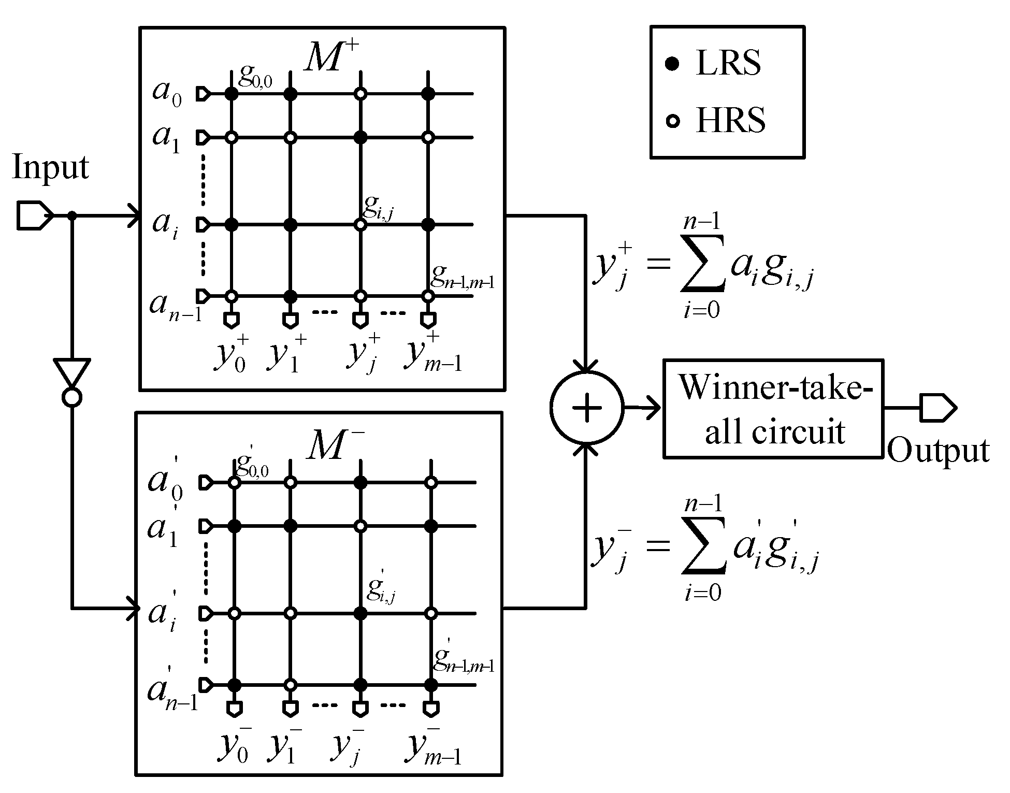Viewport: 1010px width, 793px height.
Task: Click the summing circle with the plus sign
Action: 587,408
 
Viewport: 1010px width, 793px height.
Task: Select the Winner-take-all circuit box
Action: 773,408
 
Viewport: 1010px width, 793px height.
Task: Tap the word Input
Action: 50,168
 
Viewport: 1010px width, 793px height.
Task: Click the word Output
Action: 938,450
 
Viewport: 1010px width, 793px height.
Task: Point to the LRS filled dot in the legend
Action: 672,65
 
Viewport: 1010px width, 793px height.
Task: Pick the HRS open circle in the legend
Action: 672,122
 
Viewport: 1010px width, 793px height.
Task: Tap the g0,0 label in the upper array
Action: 255,78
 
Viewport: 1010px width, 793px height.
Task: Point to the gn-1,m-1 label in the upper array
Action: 462,280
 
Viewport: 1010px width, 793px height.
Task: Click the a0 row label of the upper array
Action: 167,93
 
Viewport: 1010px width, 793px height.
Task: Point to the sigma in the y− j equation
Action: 702,550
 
